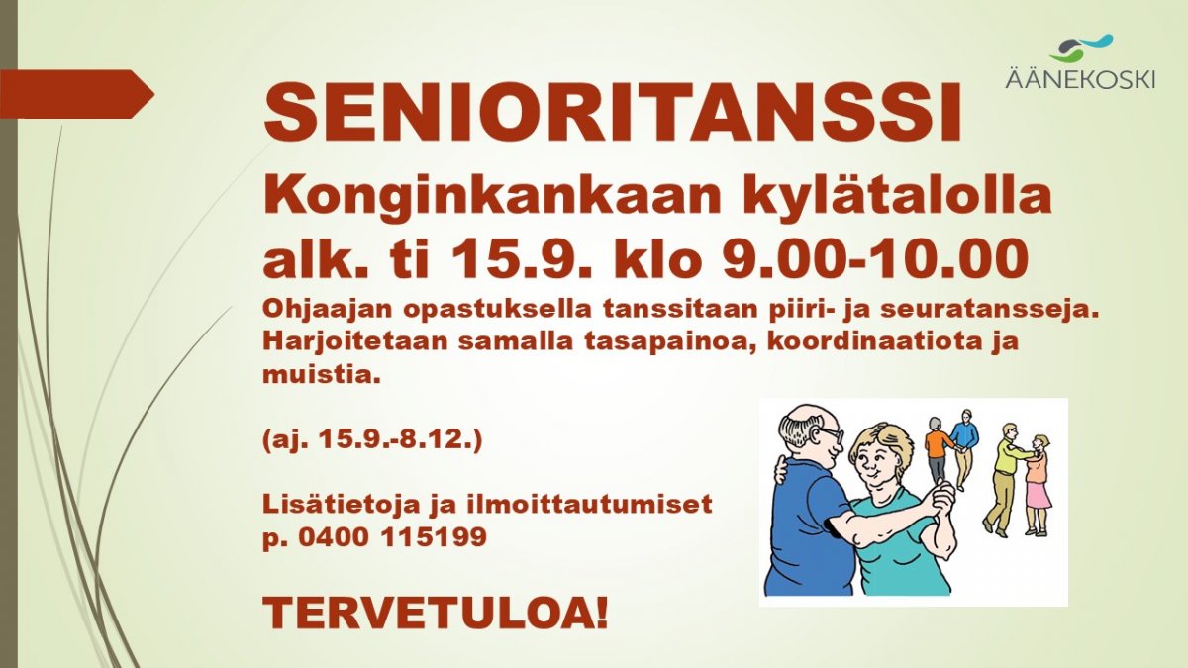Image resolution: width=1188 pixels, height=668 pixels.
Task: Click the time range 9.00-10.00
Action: pyautogui.click(x=875, y=258)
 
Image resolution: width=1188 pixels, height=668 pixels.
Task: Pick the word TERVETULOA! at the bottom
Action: pyautogui.click(x=436, y=613)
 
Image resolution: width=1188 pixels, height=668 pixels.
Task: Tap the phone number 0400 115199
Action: pyautogui.click(x=392, y=537)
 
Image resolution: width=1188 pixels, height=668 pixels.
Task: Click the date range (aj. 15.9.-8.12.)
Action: pyautogui.click(x=372, y=440)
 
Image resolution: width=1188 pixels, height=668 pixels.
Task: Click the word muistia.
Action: pyautogui.click(x=322, y=374)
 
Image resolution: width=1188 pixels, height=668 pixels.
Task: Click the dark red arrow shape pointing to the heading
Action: pyautogui.click(x=77, y=94)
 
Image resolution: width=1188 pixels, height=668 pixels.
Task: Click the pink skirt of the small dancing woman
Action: pyautogui.click(x=1038, y=494)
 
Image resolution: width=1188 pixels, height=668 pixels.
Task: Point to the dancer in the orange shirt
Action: pyautogui.click(x=938, y=451)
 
